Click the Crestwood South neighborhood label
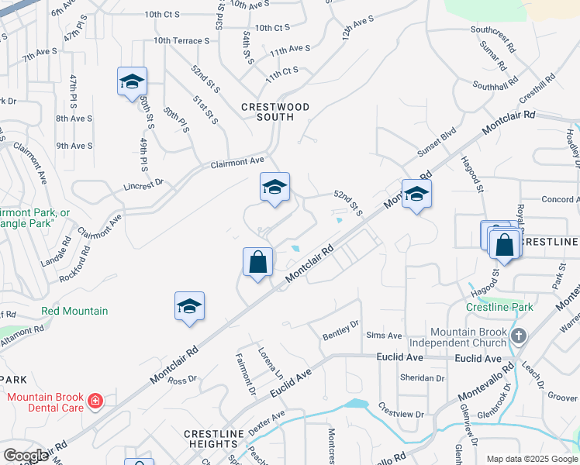click(274, 112)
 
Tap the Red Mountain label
click(74, 311)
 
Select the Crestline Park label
click(499, 307)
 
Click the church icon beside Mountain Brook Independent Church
click(519, 336)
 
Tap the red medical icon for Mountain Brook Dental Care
click(95, 401)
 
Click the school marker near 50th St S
click(132, 81)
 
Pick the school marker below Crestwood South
click(274, 187)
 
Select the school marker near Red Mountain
click(189, 307)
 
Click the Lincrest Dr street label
click(143, 184)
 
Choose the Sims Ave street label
click(384, 336)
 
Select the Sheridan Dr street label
click(422, 378)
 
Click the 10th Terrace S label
click(181, 40)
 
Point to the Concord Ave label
click(558, 199)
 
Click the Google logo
click(26, 456)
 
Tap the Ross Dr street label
click(182, 381)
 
